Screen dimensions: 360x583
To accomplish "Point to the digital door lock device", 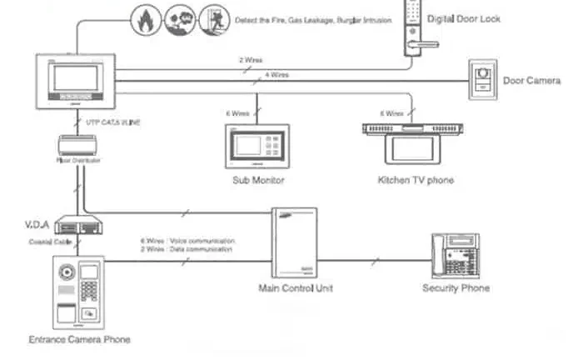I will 416,28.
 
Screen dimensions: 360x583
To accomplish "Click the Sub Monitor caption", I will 258,180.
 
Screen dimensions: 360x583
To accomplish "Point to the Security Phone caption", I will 456,288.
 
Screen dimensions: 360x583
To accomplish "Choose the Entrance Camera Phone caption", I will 79,339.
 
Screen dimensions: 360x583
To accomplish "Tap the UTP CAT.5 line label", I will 114,122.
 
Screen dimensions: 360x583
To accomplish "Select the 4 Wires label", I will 277,74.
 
